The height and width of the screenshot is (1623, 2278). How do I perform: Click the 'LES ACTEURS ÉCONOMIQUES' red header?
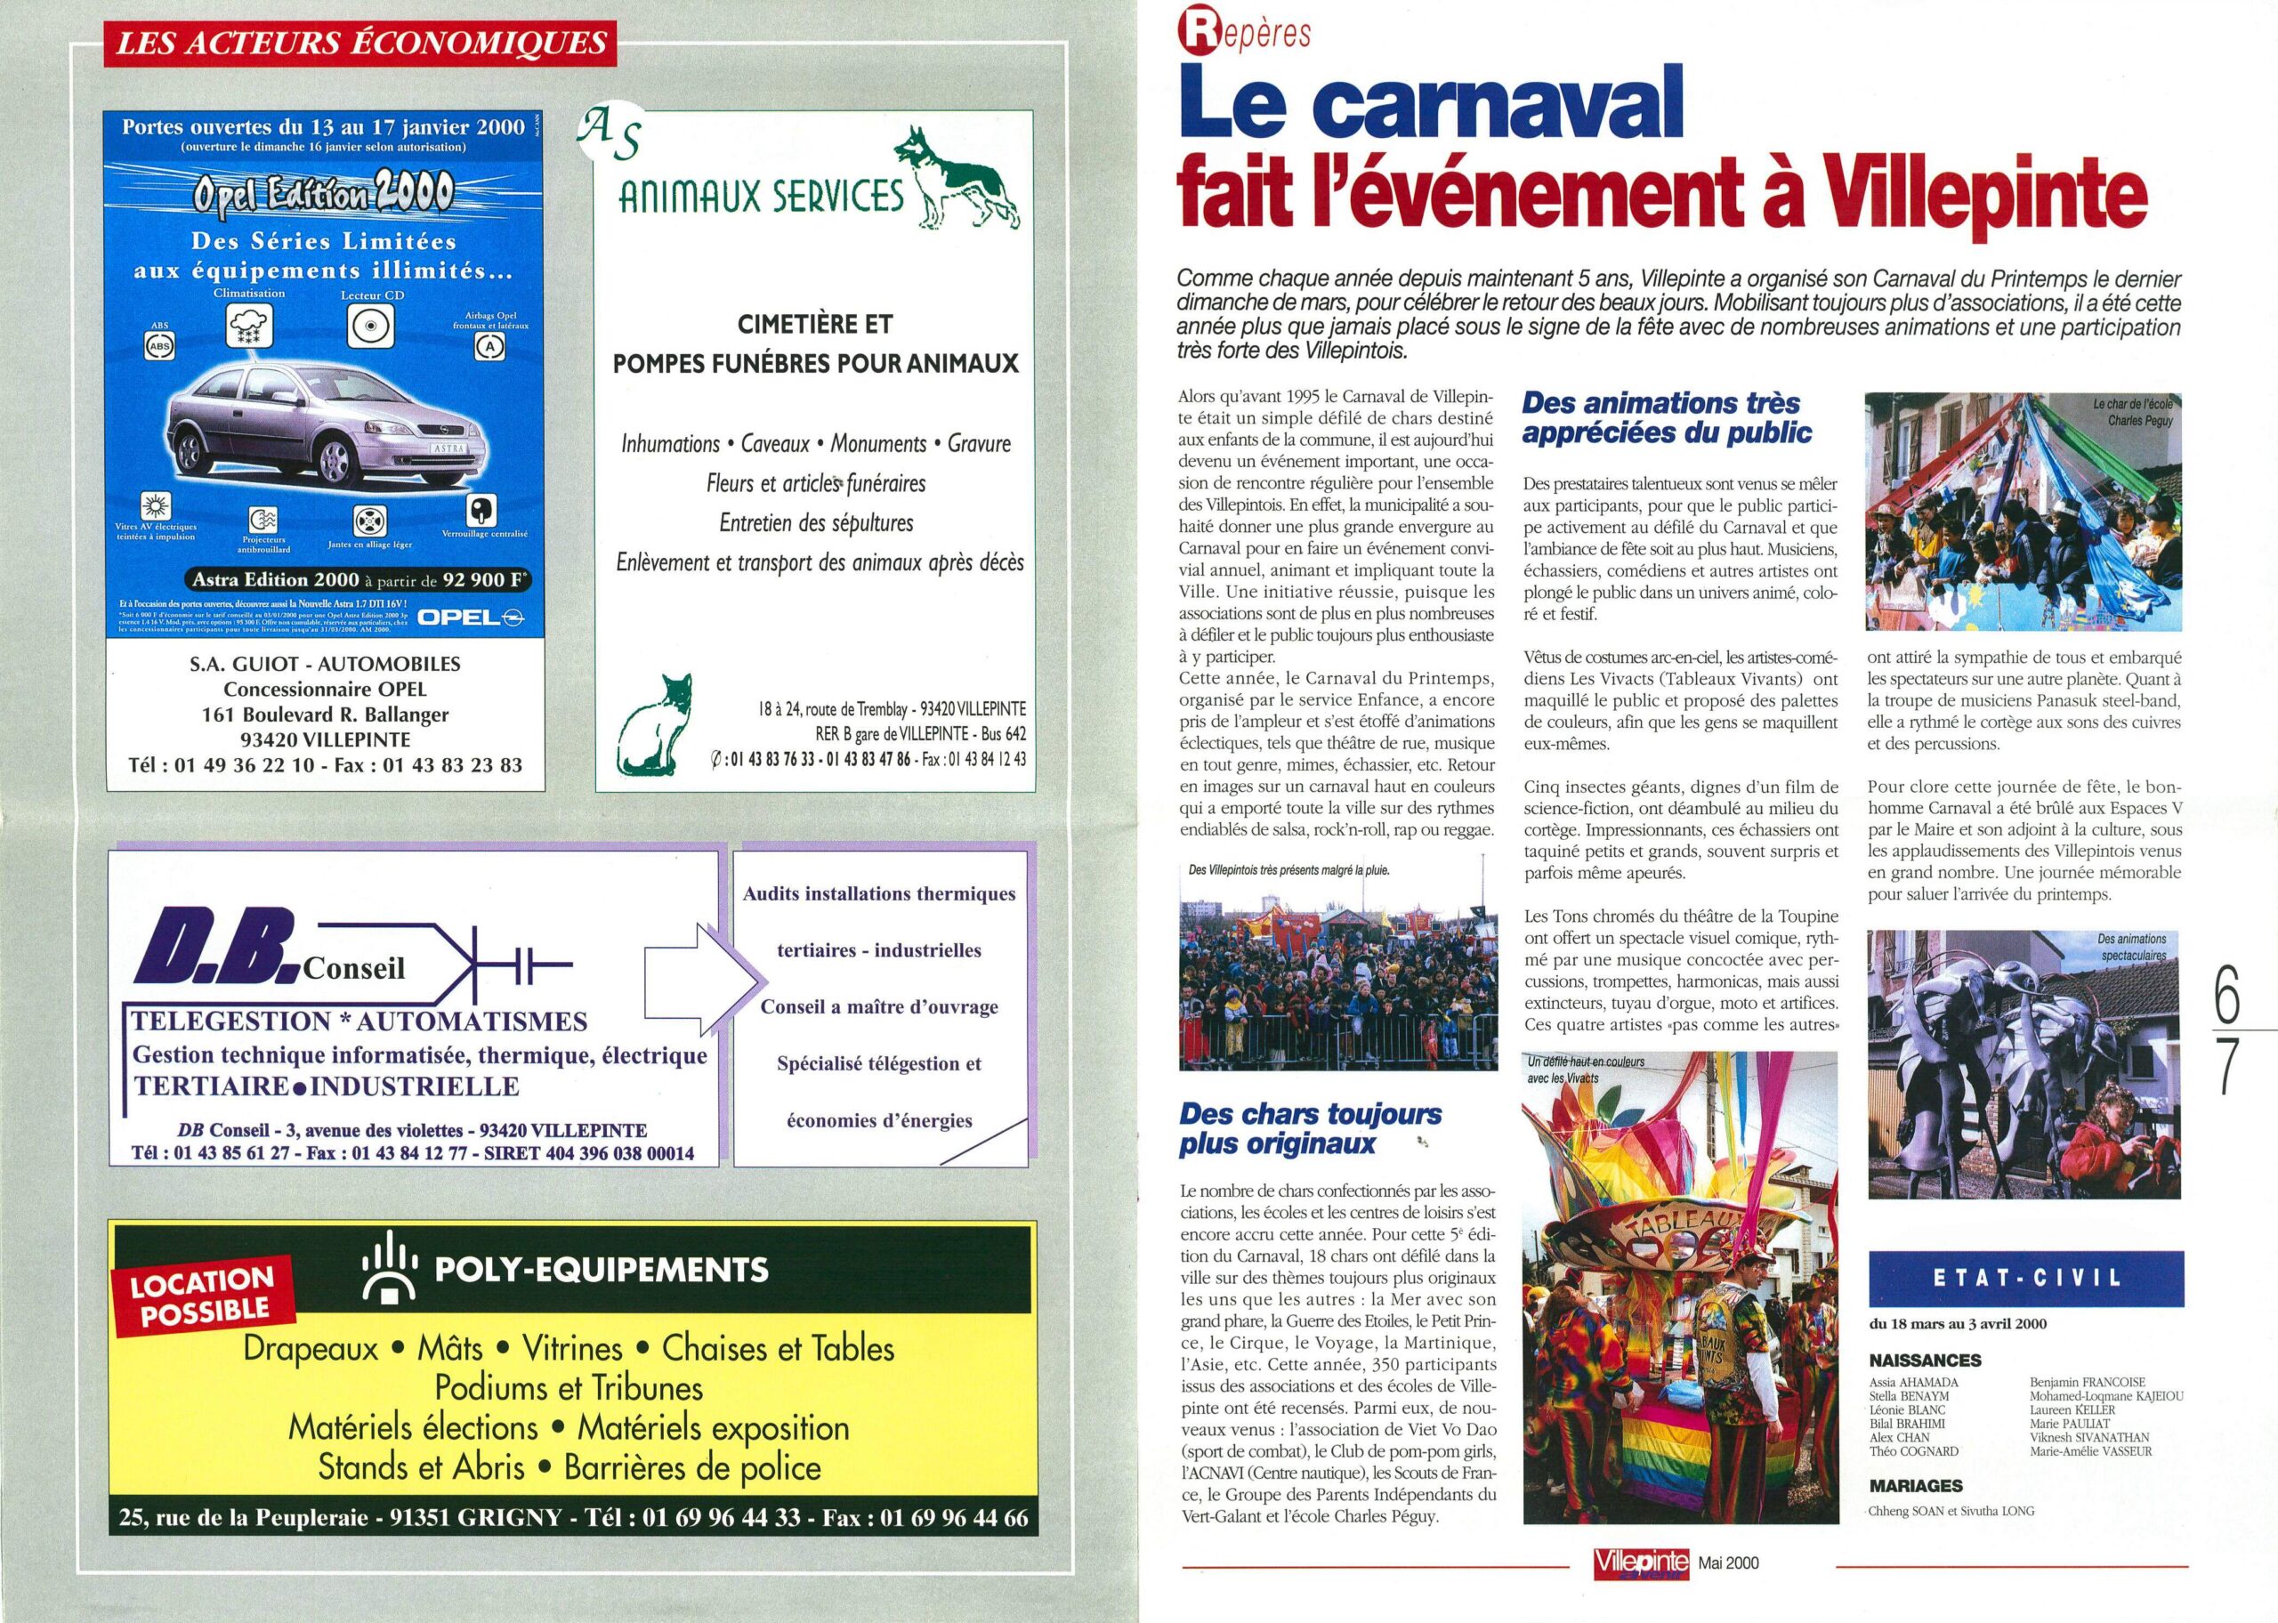click(x=360, y=43)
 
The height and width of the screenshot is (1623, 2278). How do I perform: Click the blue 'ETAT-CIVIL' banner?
click(x=2026, y=1279)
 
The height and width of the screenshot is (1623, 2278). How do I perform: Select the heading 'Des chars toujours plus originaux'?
click(x=1310, y=1128)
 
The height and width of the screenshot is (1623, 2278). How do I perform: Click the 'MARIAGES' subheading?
click(x=1915, y=1486)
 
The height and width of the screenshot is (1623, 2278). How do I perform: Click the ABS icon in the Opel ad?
click(x=159, y=347)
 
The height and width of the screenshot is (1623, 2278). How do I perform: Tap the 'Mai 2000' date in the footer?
click(x=1728, y=1563)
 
